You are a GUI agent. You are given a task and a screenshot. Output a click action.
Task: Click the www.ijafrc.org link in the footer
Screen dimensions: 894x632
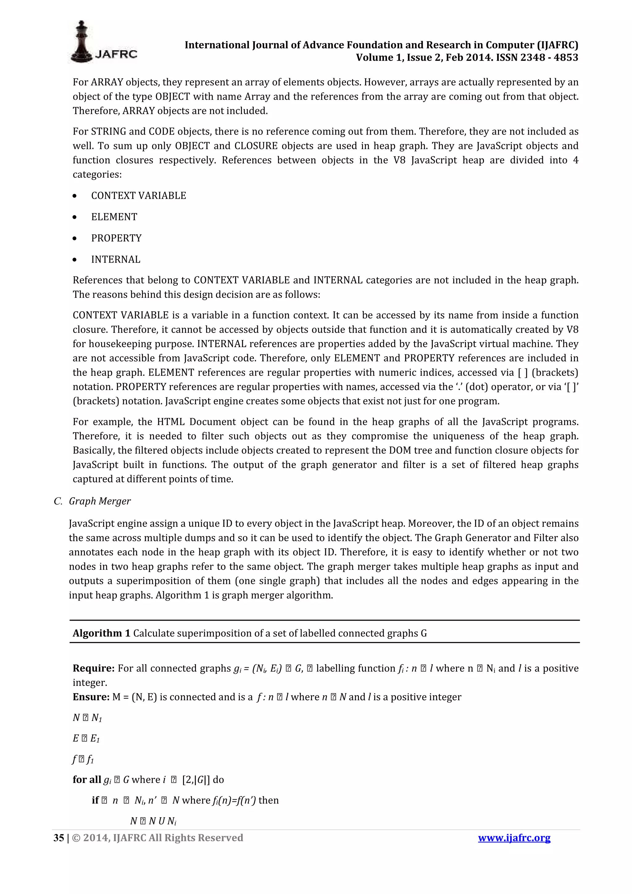[x=514, y=838]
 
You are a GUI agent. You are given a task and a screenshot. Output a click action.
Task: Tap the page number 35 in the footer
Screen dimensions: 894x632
[x=58, y=838]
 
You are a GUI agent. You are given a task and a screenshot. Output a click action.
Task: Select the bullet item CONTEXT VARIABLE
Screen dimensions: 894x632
[x=138, y=196]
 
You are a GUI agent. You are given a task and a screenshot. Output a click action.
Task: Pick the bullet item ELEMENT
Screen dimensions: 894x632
[x=114, y=217]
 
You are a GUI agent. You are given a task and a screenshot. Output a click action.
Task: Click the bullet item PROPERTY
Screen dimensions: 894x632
[x=116, y=238]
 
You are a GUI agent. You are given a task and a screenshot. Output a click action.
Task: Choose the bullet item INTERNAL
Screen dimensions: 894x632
[x=116, y=259]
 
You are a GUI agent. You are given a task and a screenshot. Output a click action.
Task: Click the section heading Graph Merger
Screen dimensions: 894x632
[x=100, y=501]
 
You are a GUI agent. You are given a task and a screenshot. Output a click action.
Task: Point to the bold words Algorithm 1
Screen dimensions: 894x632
[x=101, y=633]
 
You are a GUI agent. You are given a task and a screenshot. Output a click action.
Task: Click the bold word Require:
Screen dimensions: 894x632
[x=94, y=668]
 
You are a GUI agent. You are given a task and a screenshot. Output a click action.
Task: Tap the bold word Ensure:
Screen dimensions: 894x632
[x=91, y=697]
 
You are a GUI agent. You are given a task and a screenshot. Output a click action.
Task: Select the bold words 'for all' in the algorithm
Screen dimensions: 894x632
[x=86, y=779]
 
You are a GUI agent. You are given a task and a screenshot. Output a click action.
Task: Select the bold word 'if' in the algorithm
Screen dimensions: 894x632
[x=95, y=800]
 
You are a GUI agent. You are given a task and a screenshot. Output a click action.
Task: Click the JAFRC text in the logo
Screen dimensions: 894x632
[x=116, y=55]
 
